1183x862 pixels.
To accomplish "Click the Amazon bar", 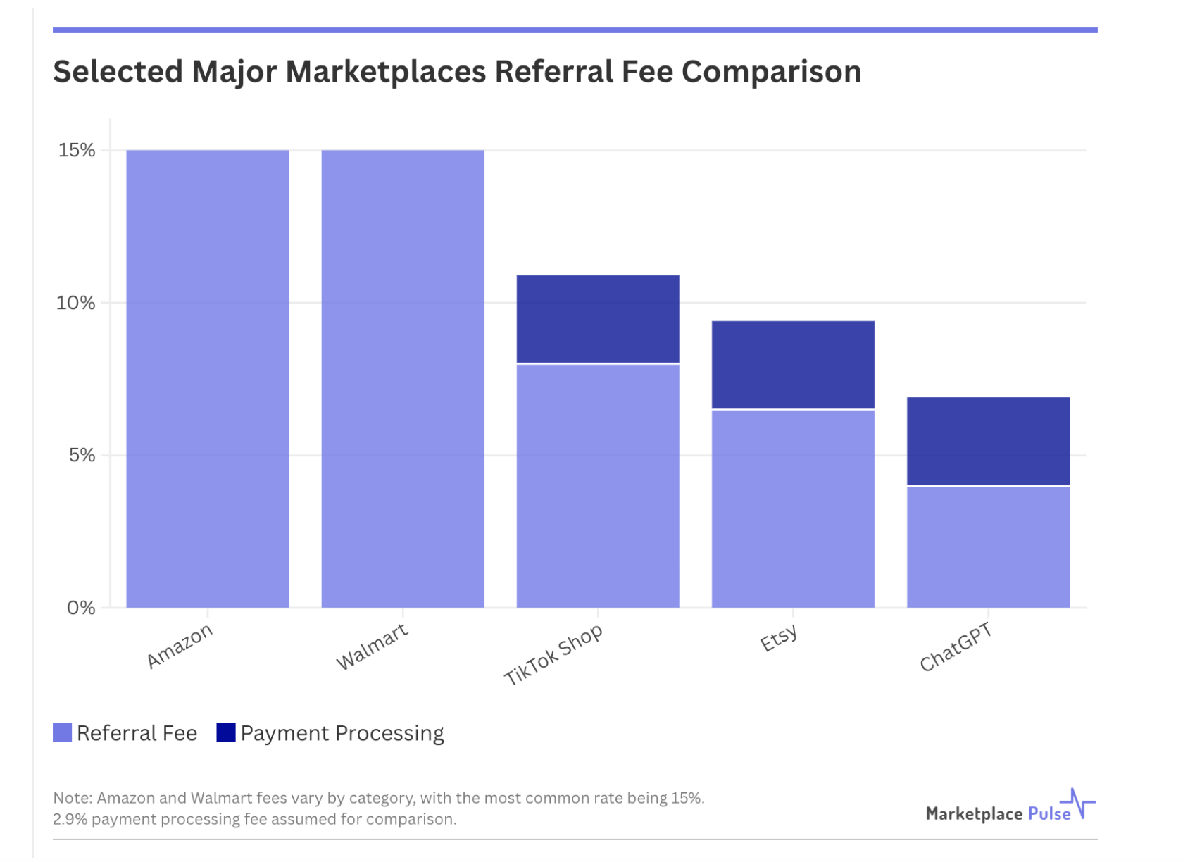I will [x=207, y=379].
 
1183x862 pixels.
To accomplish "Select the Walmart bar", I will [x=402, y=379].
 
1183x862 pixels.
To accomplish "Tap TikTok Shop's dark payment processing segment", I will [x=598, y=318].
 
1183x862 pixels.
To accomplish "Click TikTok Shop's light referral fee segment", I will [x=598, y=486].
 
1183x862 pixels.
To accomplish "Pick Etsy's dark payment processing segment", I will [x=793, y=364].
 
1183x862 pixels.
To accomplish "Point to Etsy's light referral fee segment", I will [x=793, y=508].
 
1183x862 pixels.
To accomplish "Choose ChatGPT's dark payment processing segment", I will [x=988, y=441].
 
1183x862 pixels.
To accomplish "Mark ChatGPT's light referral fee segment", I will [x=988, y=546].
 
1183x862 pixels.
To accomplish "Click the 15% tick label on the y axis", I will [x=77, y=150].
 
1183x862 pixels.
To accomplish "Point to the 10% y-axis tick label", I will [x=75, y=303].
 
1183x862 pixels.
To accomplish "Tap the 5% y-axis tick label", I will [x=82, y=455].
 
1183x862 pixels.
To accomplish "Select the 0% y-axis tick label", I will [x=81, y=608].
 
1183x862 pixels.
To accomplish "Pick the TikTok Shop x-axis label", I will [x=553, y=654].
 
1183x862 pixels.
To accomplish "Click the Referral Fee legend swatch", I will [x=62, y=732].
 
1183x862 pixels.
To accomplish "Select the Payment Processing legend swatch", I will [x=225, y=732].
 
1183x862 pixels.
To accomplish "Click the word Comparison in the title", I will [x=771, y=72].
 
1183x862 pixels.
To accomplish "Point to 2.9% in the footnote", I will [x=70, y=819].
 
